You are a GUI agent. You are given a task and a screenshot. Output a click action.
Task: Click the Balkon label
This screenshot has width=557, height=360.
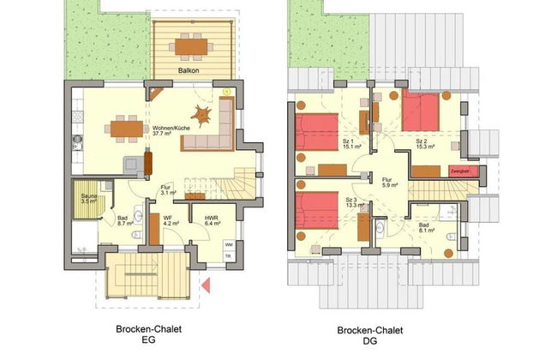(189, 70)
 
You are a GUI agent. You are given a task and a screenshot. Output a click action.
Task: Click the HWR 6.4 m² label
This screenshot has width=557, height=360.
(213, 222)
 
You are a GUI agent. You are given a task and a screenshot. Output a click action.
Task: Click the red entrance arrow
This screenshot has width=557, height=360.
(206, 285)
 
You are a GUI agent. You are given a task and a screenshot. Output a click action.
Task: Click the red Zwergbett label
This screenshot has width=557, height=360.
(459, 171)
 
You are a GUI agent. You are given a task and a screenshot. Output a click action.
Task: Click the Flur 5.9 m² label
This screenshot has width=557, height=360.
(388, 183)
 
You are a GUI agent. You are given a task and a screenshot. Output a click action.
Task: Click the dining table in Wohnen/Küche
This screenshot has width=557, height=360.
(126, 129)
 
